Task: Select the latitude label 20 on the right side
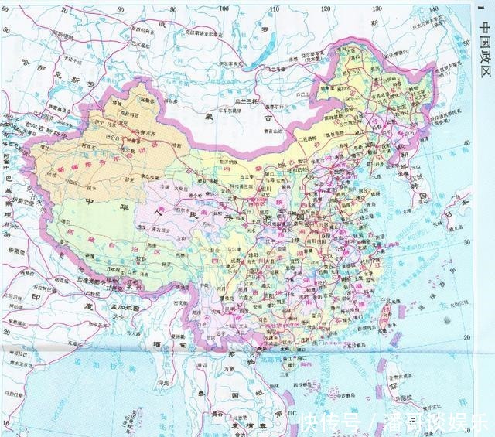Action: [x=466, y=338]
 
